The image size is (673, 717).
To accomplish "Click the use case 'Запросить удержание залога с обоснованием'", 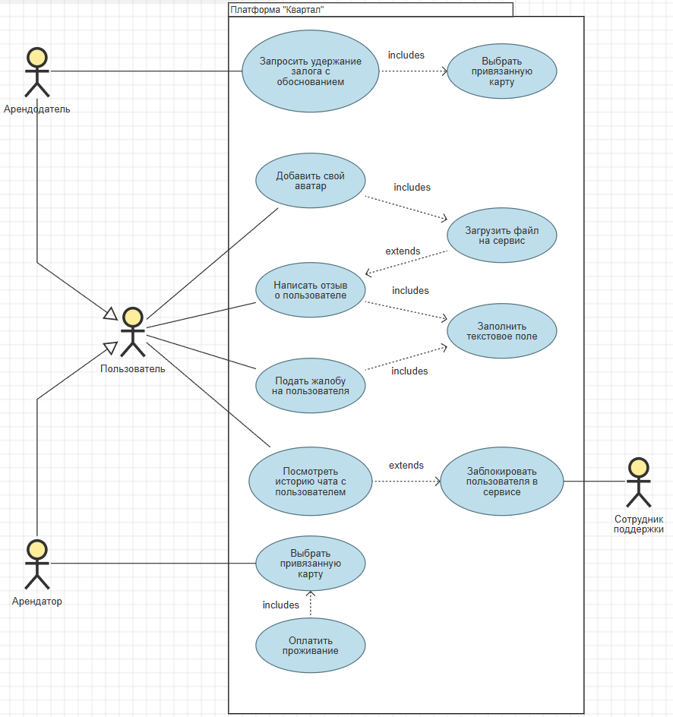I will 310,71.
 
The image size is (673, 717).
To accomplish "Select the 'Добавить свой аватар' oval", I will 310,181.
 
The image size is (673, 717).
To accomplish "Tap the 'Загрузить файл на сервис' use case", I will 501,235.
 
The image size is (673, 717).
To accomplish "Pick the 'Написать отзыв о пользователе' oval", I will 310,289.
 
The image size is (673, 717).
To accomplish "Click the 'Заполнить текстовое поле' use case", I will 501,330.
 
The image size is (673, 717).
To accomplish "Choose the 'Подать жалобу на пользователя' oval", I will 310,386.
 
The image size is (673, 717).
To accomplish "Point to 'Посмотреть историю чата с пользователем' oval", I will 310,482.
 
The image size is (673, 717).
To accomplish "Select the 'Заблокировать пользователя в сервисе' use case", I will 501,482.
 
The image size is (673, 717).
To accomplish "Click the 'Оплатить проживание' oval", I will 310,646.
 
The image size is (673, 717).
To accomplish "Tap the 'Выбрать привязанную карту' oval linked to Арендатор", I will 310,564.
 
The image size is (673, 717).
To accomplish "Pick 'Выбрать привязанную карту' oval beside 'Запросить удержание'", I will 501,71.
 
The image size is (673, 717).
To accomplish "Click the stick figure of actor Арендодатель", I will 36,73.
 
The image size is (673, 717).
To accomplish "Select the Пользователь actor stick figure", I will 133,332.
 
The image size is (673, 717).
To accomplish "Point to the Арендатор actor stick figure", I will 36,564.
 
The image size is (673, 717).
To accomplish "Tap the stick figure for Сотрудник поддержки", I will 639,482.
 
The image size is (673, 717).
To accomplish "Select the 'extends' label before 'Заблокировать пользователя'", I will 406,466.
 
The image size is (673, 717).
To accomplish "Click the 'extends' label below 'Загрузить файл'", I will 403,251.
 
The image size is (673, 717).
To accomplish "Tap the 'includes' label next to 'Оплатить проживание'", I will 281,605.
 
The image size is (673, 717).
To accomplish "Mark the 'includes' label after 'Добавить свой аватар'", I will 412,187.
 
